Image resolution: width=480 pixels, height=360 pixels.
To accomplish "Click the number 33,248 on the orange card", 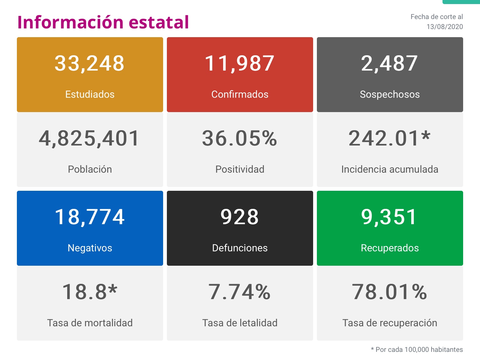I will coord(90,63).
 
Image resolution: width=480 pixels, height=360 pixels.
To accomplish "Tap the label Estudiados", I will coord(90,94).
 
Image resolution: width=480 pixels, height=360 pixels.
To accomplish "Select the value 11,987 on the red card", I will coord(240,63).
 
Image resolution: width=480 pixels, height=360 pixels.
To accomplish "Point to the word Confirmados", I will coord(240,94).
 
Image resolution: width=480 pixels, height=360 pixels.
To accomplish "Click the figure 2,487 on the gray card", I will coord(389,63).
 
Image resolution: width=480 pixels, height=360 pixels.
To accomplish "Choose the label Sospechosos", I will coord(390,94).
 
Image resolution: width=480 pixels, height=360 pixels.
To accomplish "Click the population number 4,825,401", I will coord(89,138).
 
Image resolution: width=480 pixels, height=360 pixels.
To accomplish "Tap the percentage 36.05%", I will coord(240,138).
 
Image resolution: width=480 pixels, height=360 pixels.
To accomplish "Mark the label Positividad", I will coord(240,169).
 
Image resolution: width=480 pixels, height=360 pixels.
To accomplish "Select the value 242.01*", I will coord(389,138).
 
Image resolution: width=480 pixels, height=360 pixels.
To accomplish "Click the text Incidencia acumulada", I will coord(390,169).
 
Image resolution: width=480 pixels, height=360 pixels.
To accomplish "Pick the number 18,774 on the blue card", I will coord(90,217).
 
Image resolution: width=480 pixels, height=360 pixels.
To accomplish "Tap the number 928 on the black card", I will coord(240,217).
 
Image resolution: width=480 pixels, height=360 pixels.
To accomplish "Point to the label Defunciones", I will coord(240,248).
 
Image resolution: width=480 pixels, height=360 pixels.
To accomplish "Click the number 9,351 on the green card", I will coord(389,217).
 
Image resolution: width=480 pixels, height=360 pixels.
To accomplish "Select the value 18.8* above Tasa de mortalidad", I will coord(90,292).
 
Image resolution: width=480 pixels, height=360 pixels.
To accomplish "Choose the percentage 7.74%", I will coord(240,292).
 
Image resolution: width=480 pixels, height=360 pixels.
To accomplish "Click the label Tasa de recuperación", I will coord(390,323).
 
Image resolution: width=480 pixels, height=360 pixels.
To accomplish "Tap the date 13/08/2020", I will coord(445,27).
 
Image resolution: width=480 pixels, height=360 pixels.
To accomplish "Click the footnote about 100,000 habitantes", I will coord(417,350).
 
